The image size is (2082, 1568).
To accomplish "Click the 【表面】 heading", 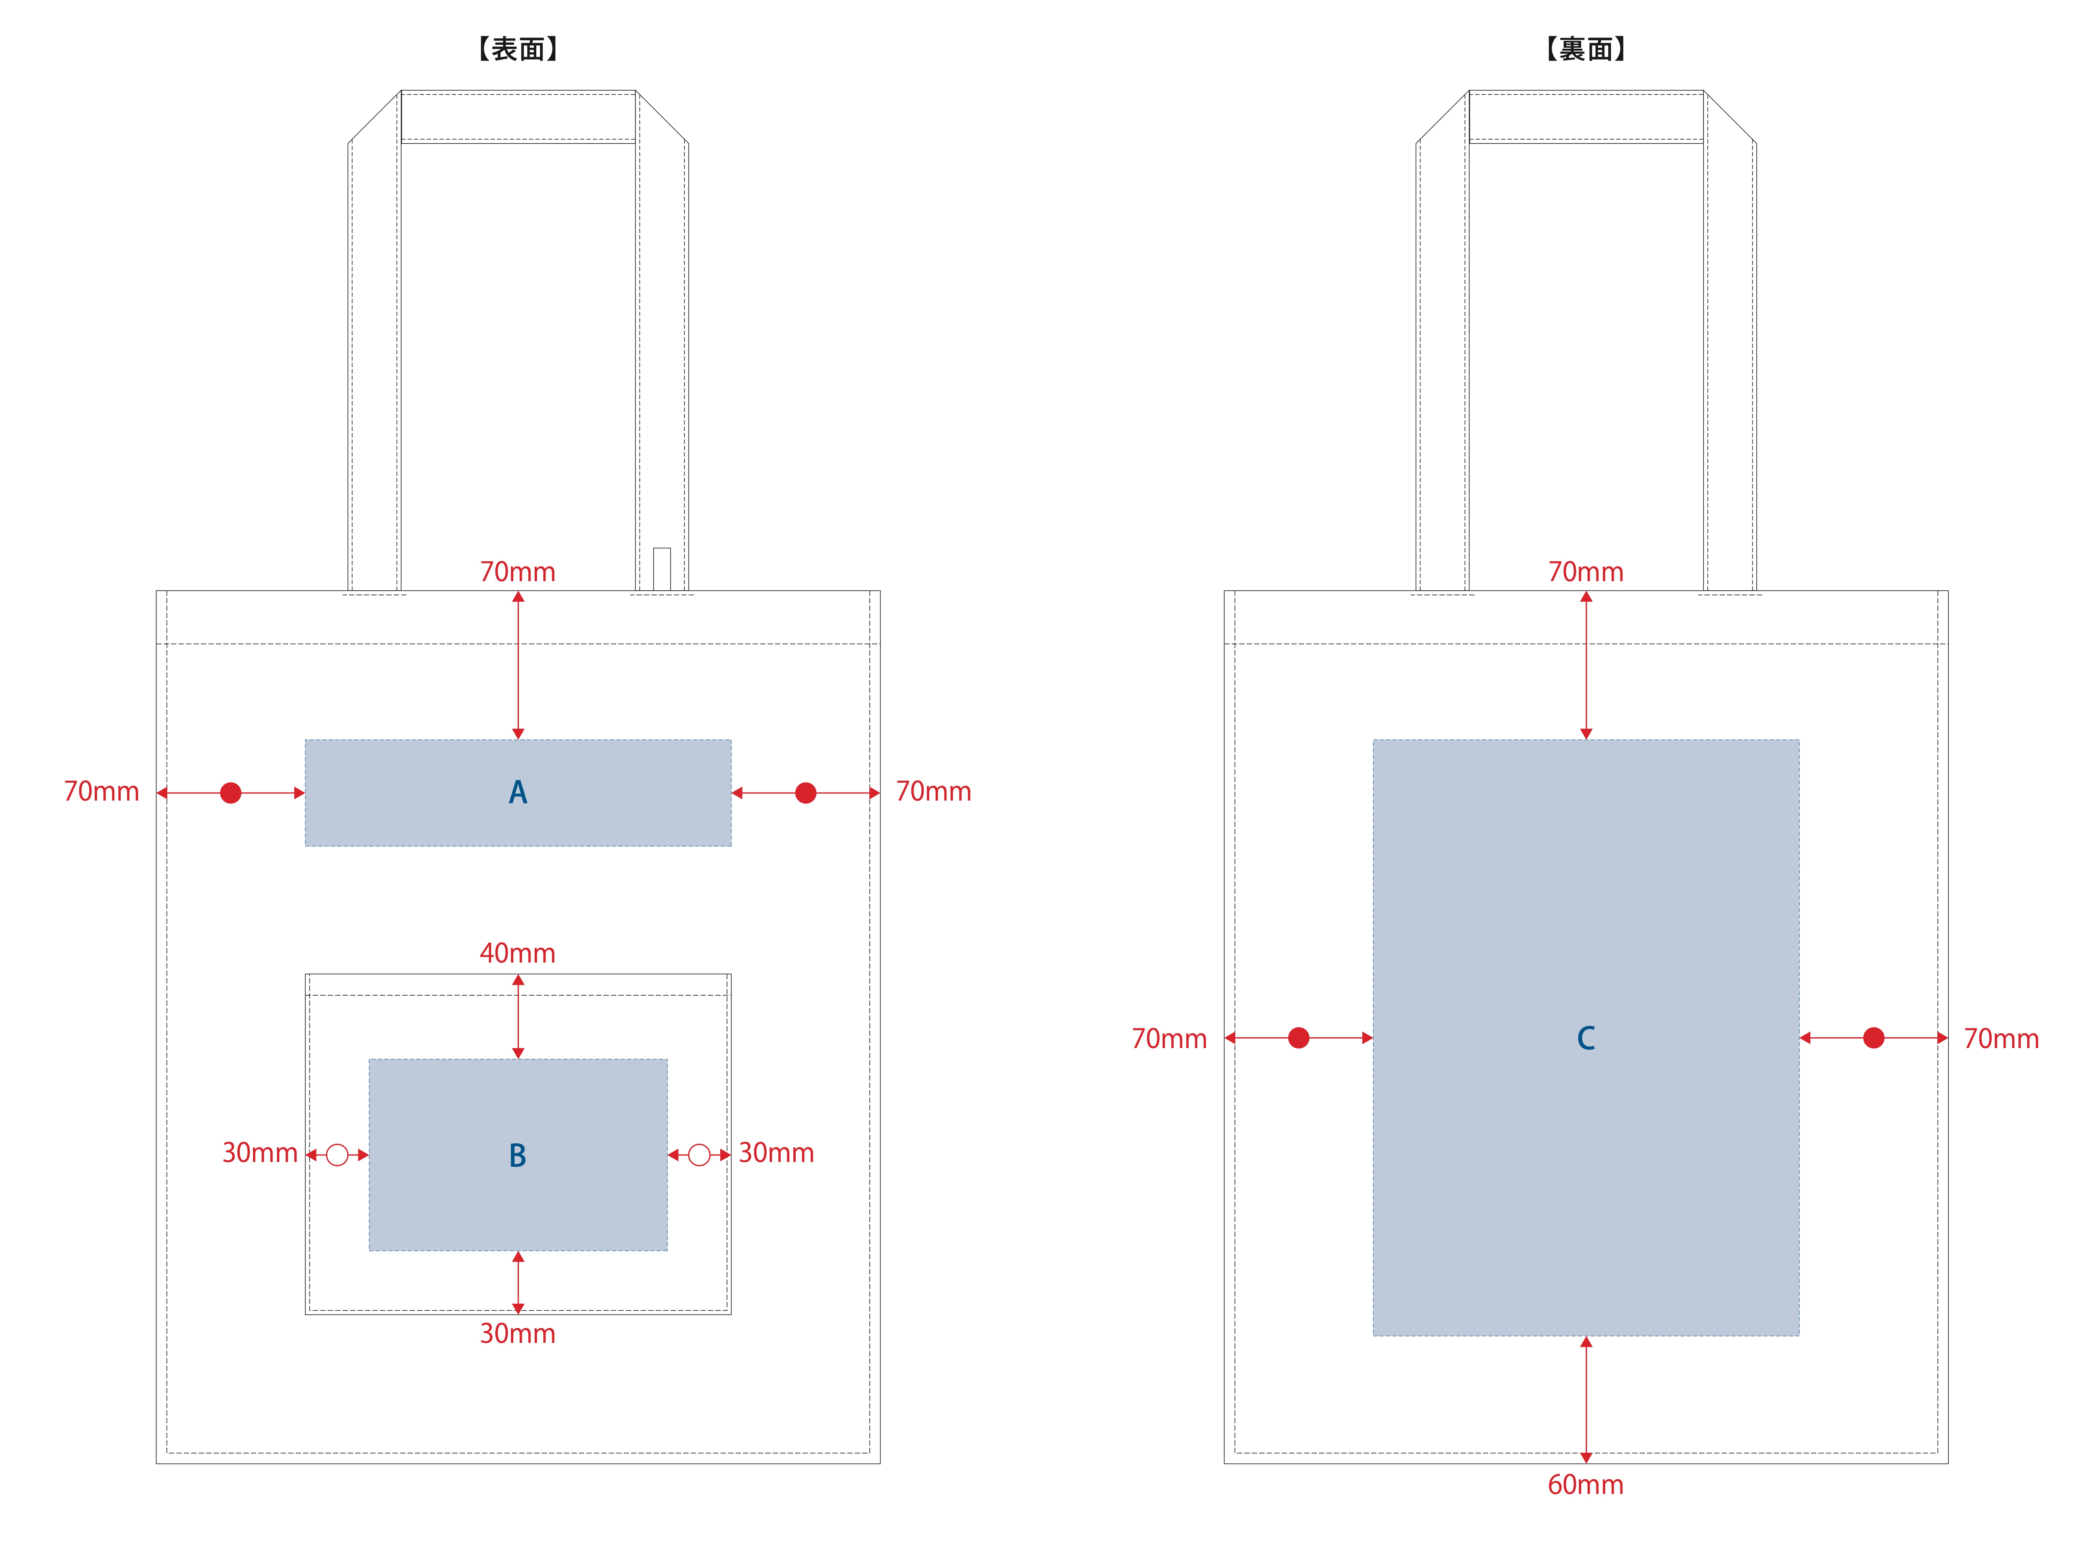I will [518, 49].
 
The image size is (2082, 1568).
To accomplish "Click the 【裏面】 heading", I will [1586, 49].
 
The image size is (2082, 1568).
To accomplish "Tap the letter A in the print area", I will [518, 792].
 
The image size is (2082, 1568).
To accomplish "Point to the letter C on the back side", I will [1586, 1038].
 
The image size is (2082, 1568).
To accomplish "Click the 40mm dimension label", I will [518, 953].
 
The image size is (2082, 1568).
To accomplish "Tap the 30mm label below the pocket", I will [518, 1334].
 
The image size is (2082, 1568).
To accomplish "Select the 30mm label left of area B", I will [260, 1153].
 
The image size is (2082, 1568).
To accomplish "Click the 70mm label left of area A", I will [102, 791].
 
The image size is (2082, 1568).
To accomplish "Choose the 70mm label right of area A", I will [934, 791].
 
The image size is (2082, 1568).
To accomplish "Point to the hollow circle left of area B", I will [337, 1155].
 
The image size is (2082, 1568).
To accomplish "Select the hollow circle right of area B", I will [699, 1155].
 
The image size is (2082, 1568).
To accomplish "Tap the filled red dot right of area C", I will [1874, 1038].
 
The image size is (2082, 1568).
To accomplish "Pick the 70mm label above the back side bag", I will [1586, 572].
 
